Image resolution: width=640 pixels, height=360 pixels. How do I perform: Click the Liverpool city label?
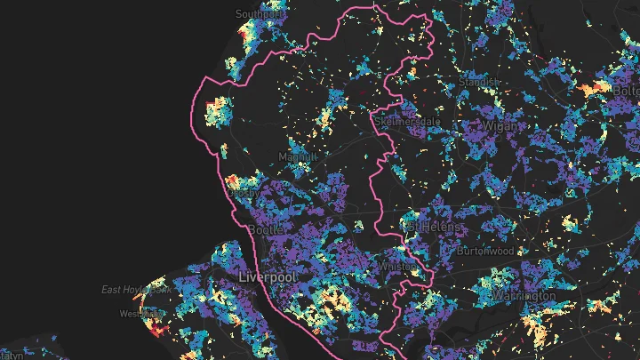pyautogui.click(x=268, y=278)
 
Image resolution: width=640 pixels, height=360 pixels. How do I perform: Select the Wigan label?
pyautogui.click(x=500, y=126)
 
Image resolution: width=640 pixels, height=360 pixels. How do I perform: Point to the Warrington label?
pyautogui.click(x=526, y=294)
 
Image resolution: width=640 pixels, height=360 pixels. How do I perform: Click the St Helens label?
pyautogui.click(x=433, y=228)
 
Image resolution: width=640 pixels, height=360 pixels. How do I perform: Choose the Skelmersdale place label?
pyautogui.click(x=408, y=120)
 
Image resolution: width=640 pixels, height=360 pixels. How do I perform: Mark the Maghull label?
pyautogui.click(x=297, y=157)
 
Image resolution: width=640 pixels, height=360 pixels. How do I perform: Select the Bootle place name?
pyautogui.click(x=267, y=230)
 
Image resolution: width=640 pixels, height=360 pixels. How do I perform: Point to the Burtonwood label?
pyautogui.click(x=484, y=252)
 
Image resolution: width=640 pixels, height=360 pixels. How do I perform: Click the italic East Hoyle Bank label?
pyautogui.click(x=136, y=290)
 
